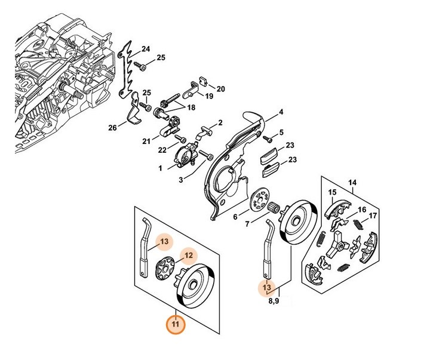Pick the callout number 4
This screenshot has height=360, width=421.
click(x=281, y=111)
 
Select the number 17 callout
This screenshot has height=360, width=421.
click(x=373, y=216)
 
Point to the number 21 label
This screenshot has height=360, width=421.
click(x=147, y=140)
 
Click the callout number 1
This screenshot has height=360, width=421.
click(x=161, y=169)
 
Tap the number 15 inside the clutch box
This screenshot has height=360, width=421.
click(x=333, y=192)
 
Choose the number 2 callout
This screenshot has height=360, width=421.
click(x=220, y=123)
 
